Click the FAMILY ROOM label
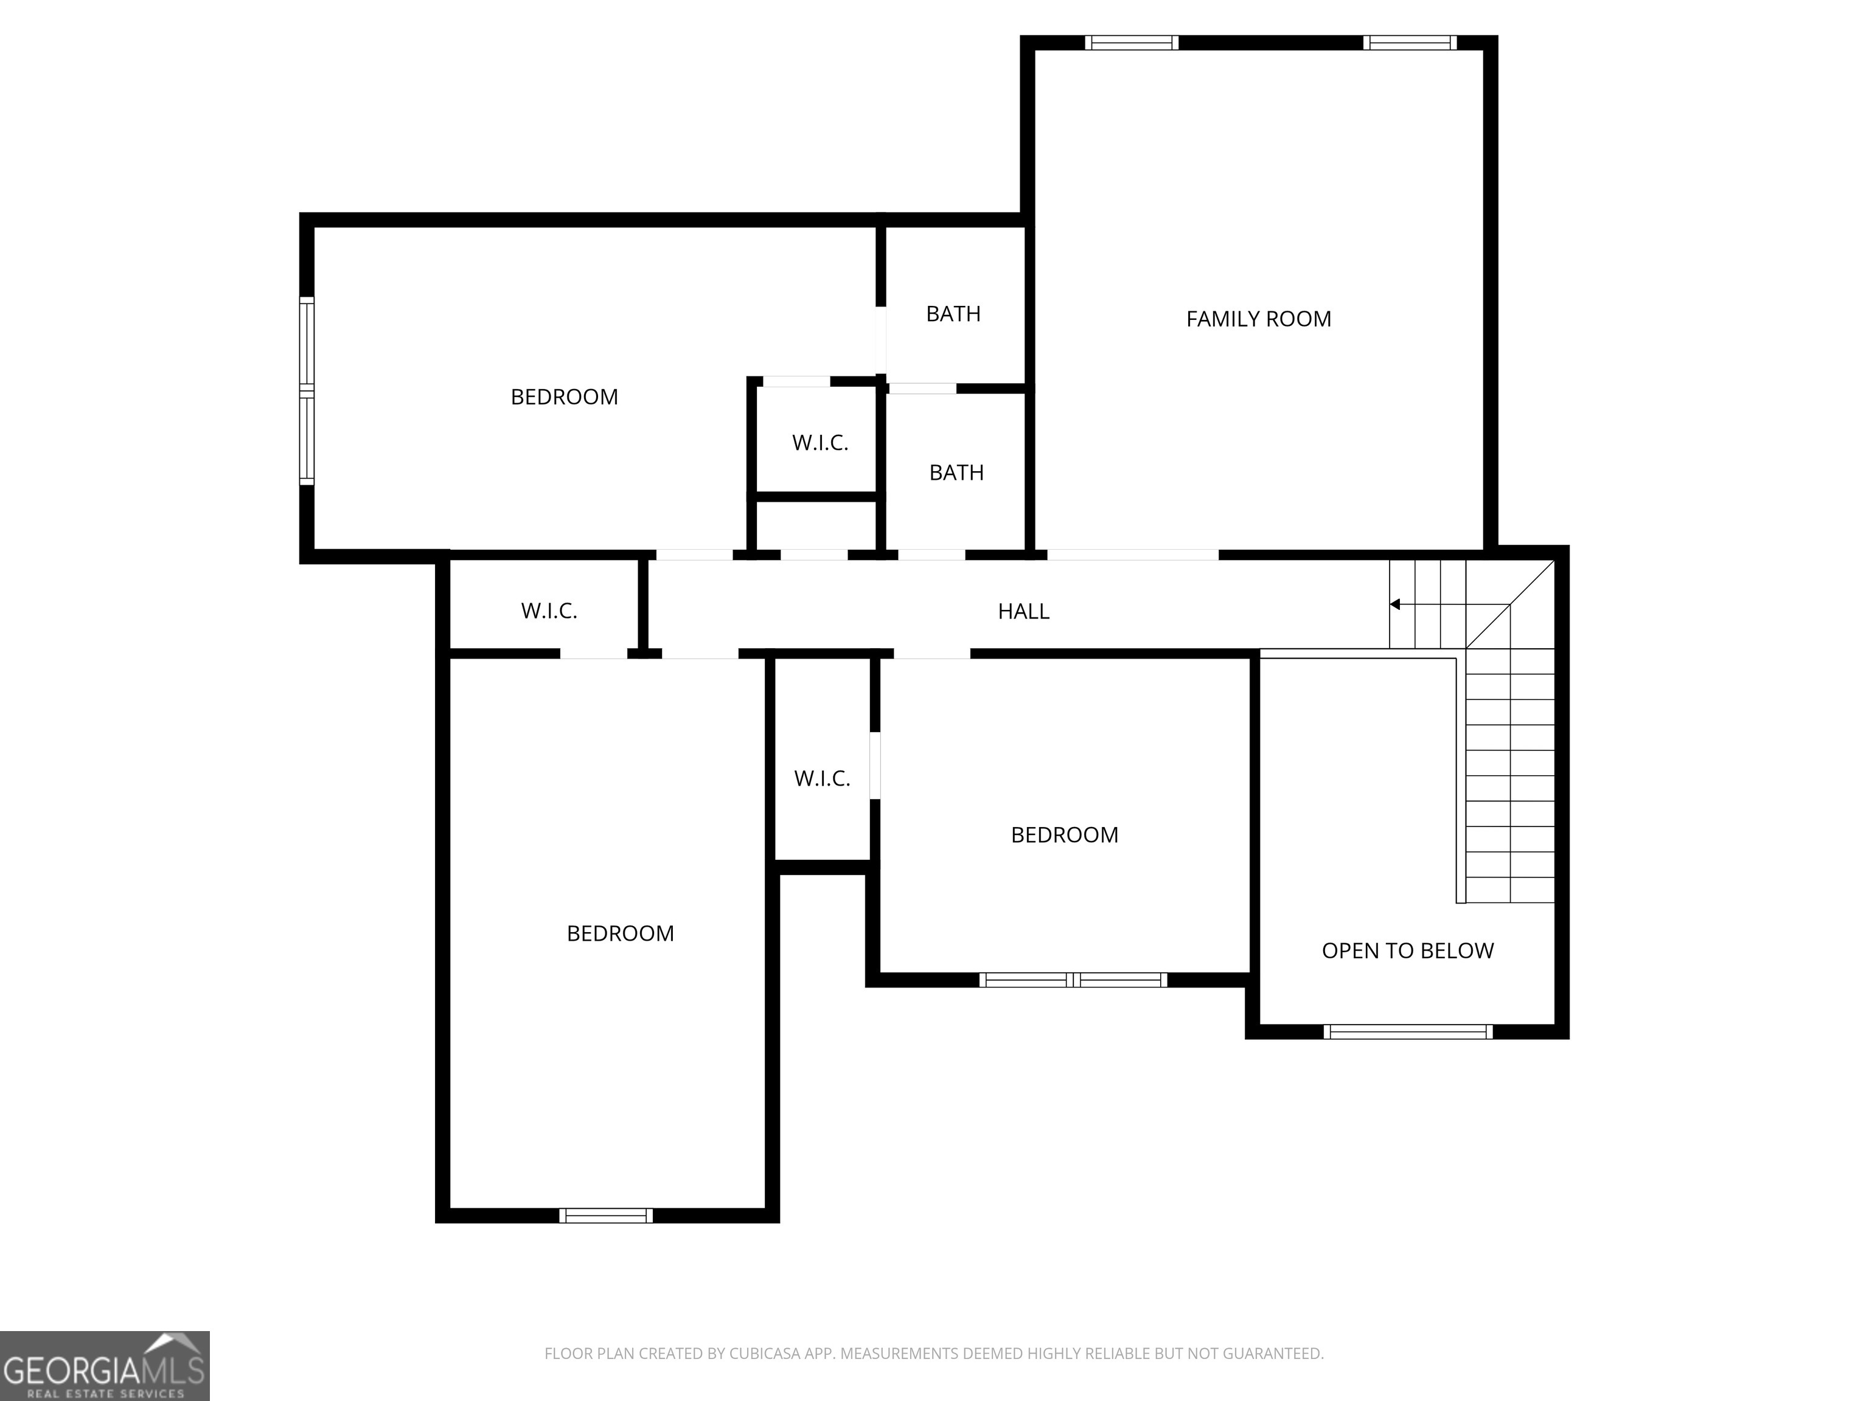click(1258, 319)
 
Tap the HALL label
click(1023, 611)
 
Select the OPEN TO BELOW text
click(1407, 951)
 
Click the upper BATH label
click(953, 314)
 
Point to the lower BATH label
click(956, 473)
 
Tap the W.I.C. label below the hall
click(821, 778)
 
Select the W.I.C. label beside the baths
click(820, 443)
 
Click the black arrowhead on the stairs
click(1395, 604)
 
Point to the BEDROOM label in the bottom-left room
click(620, 934)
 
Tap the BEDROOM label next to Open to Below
click(1063, 835)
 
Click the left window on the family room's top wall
click(1132, 42)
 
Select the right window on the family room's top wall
click(1408, 42)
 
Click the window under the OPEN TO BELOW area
click(1408, 1031)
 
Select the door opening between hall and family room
click(1132, 555)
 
